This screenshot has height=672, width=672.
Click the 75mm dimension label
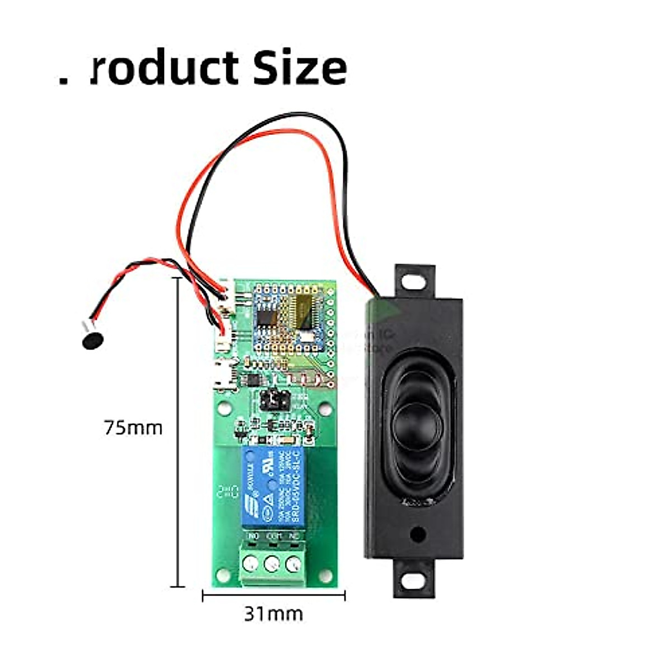tap(133, 428)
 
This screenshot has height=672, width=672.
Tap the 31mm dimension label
tap(273, 614)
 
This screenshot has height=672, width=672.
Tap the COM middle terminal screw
tap(272, 563)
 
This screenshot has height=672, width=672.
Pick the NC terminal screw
tap(293, 563)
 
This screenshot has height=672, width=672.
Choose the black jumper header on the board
tap(274, 400)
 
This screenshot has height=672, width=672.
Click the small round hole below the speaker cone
tap(416, 534)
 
